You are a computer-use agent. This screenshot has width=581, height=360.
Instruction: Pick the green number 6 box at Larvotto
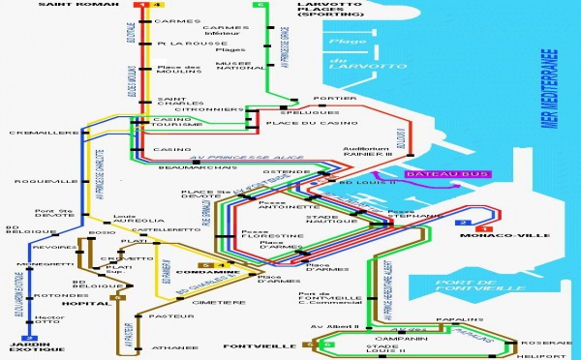point(259,6)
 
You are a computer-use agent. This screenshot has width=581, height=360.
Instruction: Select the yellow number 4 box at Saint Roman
point(146,6)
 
